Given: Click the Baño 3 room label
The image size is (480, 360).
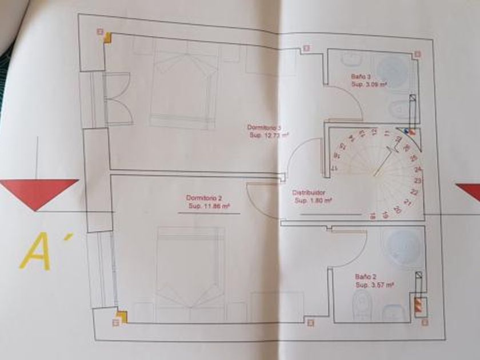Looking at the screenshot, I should coord(361,77).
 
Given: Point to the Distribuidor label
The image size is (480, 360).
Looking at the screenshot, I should coord(309,193).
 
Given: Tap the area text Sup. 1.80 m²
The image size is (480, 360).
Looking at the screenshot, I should coord(314,201).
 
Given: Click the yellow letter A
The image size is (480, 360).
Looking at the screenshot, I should coord(35,251).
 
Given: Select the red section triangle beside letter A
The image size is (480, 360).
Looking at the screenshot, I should coord(38,192).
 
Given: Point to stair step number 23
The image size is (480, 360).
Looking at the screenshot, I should coord(418,181).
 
